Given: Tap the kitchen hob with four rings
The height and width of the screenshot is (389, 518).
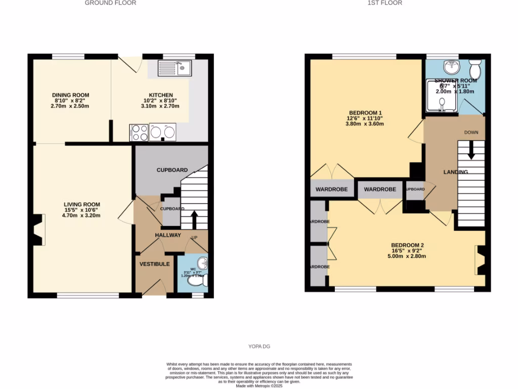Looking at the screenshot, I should (140, 133).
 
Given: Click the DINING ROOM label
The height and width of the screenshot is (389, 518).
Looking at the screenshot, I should (71, 95).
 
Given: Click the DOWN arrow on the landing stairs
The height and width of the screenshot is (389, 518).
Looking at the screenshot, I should (471, 147).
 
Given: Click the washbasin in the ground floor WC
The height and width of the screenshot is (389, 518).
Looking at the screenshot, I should (203, 263).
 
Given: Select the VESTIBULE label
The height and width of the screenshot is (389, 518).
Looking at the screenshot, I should (155, 264).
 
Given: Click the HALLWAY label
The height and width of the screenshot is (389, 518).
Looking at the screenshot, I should (168, 235).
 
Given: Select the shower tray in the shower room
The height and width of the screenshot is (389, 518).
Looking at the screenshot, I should (442, 96).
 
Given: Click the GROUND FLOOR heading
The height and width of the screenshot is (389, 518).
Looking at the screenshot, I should (110, 3).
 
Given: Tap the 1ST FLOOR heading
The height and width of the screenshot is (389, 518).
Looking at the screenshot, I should (385, 3).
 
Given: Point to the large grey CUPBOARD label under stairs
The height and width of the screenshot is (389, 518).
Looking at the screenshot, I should (172, 170).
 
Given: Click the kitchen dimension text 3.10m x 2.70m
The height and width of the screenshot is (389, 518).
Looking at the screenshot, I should (161, 106).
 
